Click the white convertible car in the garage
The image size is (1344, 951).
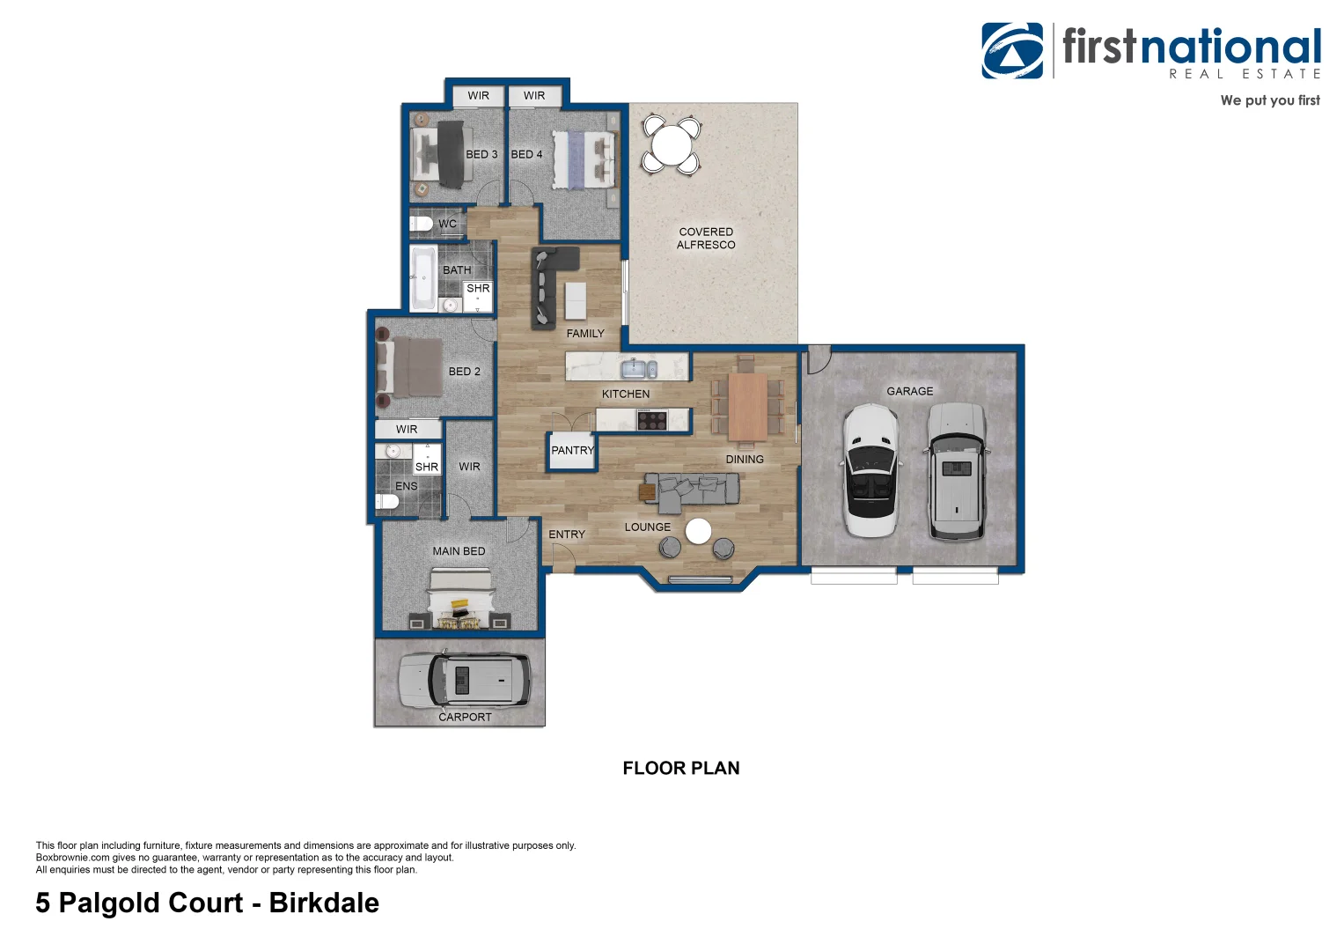(x=870, y=471)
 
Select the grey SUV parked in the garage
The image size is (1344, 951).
(x=957, y=471)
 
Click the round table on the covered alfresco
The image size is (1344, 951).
(x=672, y=144)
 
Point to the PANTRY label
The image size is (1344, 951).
(x=572, y=451)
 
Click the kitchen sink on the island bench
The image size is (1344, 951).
(x=639, y=367)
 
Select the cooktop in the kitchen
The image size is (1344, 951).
(x=652, y=420)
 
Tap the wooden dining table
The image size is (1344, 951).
(x=748, y=407)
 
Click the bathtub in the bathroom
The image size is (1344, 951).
(x=423, y=277)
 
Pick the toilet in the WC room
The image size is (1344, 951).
(x=422, y=224)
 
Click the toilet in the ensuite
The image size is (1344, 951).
(x=387, y=502)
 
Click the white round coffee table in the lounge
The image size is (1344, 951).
(x=698, y=531)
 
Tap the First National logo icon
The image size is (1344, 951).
(x=1012, y=51)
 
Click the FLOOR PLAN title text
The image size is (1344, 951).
(x=680, y=769)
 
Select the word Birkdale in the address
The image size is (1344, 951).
(x=324, y=903)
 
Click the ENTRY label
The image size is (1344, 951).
(x=566, y=534)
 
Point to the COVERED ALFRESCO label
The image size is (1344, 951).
(x=706, y=239)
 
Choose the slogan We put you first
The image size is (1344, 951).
(x=1269, y=100)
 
